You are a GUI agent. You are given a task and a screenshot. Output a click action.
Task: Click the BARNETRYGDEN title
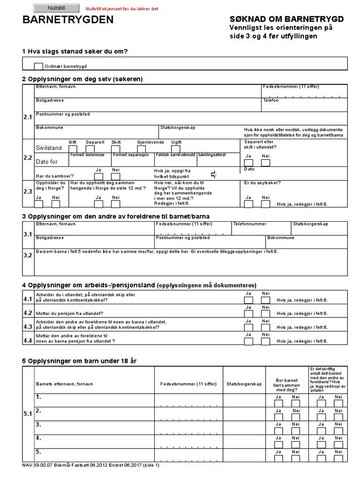[68, 20]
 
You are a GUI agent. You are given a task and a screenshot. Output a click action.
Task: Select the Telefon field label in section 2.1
[270, 100]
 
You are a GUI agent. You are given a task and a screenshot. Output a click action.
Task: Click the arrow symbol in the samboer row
[213, 175]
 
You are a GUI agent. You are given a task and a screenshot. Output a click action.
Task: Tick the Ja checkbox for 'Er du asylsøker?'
[248, 204]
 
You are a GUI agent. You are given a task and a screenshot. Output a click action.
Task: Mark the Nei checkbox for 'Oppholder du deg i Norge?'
[56, 204]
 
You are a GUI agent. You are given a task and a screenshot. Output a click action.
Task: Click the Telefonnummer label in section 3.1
[250, 224]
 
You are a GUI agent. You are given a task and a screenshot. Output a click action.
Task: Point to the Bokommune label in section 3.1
[281, 238]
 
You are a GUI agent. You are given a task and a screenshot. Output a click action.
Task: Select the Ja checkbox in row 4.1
[248, 300]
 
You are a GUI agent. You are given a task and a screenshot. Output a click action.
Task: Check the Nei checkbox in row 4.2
[265, 314]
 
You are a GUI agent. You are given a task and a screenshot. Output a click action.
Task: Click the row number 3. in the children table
[39, 425]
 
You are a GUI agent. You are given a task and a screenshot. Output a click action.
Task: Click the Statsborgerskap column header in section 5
[244, 384]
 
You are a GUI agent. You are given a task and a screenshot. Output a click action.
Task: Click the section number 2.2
[28, 158]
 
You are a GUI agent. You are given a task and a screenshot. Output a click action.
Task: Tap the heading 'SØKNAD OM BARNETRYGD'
[287, 19]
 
